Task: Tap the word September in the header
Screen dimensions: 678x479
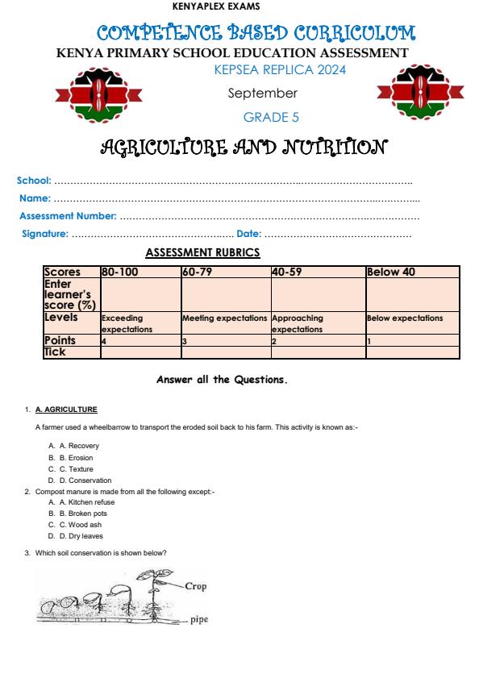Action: click(x=263, y=94)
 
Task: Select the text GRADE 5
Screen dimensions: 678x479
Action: click(x=271, y=118)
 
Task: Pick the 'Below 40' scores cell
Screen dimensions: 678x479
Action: click(x=391, y=272)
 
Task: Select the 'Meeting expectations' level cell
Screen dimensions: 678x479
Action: click(x=224, y=318)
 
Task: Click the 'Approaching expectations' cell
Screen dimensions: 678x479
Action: click(x=298, y=323)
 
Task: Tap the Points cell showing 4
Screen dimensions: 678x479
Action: click(x=105, y=341)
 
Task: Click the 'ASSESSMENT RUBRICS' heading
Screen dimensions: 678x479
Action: click(x=202, y=253)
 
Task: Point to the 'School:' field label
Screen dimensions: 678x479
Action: click(x=34, y=180)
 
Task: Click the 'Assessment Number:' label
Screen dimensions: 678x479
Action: click(x=69, y=216)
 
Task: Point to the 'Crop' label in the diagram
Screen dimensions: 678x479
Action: click(x=196, y=586)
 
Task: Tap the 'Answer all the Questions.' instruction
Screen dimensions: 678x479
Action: click(x=222, y=380)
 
